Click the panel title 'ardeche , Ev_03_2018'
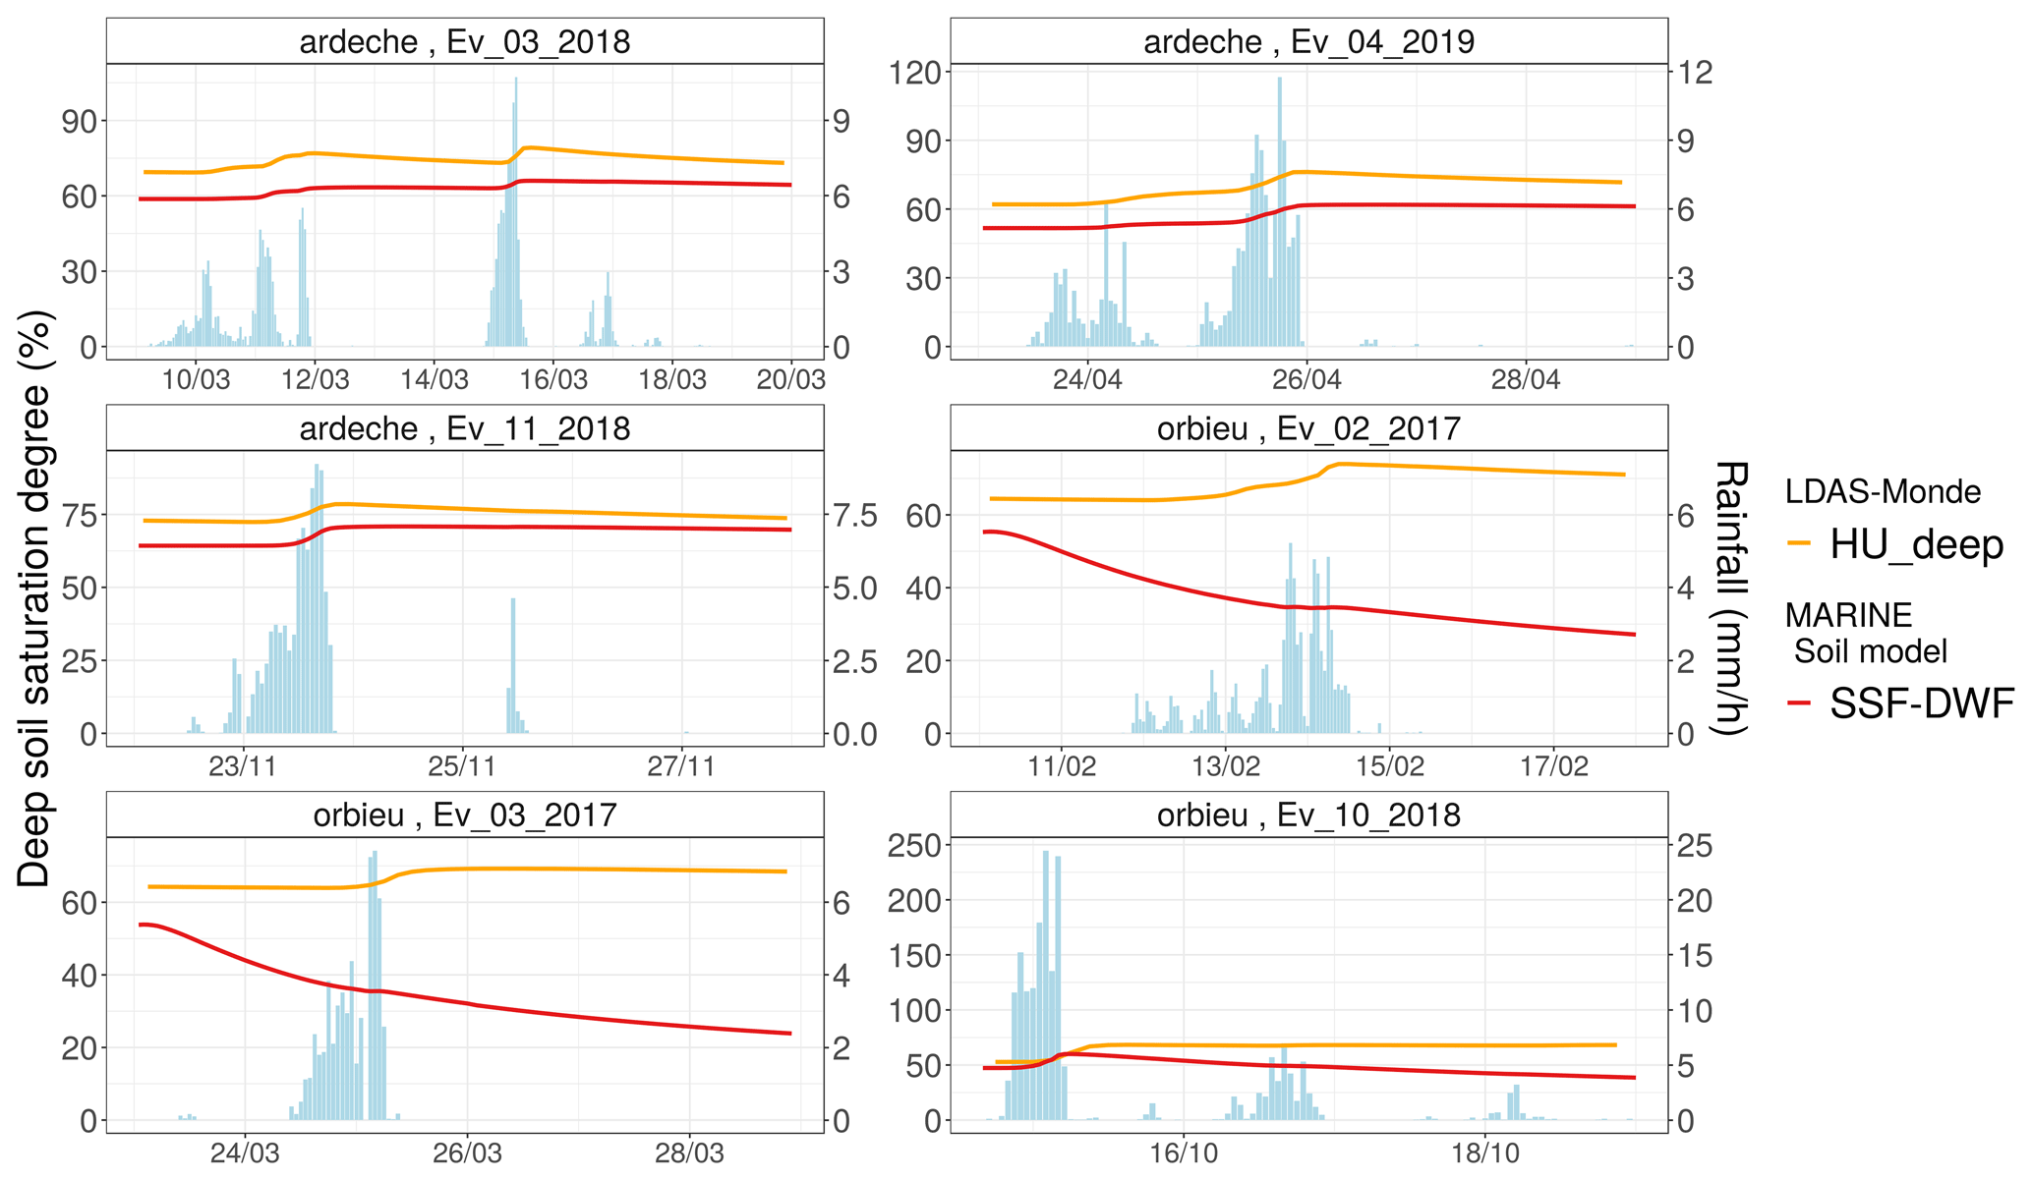coord(464,41)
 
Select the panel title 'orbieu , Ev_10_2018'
coord(1308,815)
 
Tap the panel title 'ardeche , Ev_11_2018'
coord(464,428)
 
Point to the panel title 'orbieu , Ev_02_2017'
coord(1308,428)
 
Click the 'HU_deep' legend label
coord(1916,544)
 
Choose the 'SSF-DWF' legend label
coord(1922,703)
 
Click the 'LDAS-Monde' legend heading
coord(1883,491)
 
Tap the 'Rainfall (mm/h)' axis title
coord(1730,597)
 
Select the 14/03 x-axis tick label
coord(434,380)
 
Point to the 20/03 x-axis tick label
coord(790,380)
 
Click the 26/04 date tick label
coord(1306,380)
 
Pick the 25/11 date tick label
coord(461,766)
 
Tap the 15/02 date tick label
coord(1389,766)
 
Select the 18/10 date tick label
coord(1484,1153)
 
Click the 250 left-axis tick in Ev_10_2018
coord(914,846)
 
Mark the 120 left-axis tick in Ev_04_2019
coord(914,72)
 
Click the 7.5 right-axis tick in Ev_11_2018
coord(850,515)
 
